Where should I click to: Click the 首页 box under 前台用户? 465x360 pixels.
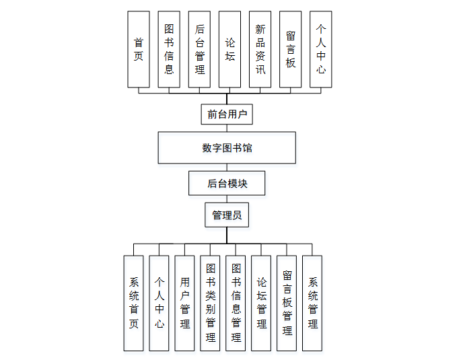[x=139, y=49]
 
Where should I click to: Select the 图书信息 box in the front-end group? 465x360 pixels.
[x=169, y=49]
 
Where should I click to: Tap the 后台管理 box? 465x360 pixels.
[x=200, y=49]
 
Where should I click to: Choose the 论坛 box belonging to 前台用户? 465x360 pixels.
[x=230, y=49]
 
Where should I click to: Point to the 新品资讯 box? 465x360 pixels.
[x=260, y=49]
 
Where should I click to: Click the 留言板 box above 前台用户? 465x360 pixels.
[x=291, y=49]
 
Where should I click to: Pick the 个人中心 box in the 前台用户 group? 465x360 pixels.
[x=321, y=49]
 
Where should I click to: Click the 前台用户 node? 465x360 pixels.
[x=227, y=114]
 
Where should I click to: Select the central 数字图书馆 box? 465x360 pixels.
[x=227, y=148]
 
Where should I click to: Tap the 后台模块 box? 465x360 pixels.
[x=227, y=182]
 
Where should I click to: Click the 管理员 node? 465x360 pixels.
[x=227, y=215]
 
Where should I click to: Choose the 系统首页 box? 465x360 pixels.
[x=134, y=303]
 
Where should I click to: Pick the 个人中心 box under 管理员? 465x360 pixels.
[x=159, y=303]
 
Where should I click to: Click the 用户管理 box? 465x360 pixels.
[x=185, y=303]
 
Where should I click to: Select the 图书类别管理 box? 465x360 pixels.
[x=211, y=303]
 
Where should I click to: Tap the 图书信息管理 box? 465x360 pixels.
[x=236, y=303]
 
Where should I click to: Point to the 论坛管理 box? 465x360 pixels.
[x=261, y=303]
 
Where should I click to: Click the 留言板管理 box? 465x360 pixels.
[x=287, y=303]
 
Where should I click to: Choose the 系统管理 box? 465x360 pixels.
[x=312, y=303]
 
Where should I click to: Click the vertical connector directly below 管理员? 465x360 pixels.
[x=227, y=235]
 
